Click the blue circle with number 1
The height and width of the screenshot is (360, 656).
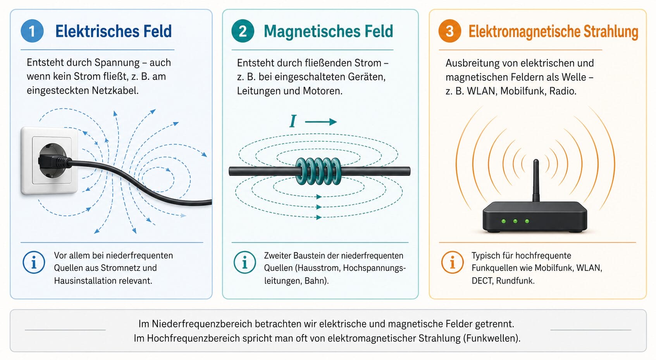click(x=32, y=31)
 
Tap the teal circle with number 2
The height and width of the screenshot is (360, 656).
click(x=243, y=31)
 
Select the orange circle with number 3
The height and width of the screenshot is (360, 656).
click(x=450, y=31)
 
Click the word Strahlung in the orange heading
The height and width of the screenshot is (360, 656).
click(x=611, y=32)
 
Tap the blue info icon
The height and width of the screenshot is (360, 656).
click(x=34, y=262)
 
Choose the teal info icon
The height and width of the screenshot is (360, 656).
click(x=245, y=262)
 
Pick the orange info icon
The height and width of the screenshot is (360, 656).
click(x=453, y=262)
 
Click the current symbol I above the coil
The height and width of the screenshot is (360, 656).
click(x=293, y=121)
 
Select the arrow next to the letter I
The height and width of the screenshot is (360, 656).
click(x=321, y=122)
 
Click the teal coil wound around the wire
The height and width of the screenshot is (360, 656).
click(x=319, y=171)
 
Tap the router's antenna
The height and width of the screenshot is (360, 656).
click(x=536, y=181)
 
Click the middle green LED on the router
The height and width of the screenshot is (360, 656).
click(x=515, y=221)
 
